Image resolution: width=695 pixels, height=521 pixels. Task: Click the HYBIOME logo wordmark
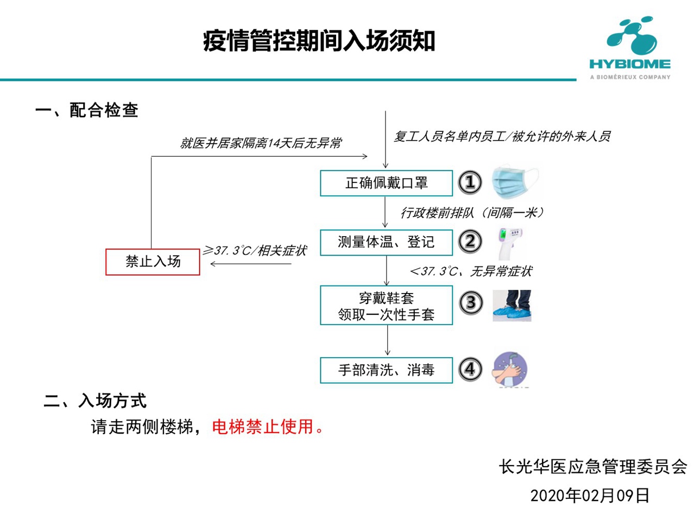point(629,64)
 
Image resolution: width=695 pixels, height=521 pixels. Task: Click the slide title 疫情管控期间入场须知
point(319,41)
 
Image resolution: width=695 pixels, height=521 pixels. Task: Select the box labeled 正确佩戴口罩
point(386,183)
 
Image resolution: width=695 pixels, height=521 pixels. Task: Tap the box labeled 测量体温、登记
point(386,243)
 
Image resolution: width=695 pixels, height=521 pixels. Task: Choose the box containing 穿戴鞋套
point(386,305)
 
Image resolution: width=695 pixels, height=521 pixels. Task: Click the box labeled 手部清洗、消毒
point(386,370)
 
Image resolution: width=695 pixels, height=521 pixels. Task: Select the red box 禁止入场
point(153,262)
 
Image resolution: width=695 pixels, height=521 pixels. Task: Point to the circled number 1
point(470,182)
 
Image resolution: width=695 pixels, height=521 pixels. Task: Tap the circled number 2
point(470,242)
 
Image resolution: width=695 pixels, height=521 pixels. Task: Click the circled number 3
point(471,303)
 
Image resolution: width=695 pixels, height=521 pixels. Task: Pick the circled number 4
point(470,369)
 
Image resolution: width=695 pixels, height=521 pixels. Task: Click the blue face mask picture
point(515,182)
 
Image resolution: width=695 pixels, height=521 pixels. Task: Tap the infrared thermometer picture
point(509,244)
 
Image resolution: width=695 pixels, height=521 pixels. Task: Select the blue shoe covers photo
point(512,306)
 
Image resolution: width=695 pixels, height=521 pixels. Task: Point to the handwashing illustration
point(509,370)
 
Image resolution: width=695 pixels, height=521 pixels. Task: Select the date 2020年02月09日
point(590,495)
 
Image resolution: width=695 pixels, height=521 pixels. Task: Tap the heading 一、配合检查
point(87,110)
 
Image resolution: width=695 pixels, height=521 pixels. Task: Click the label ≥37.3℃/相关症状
point(255,251)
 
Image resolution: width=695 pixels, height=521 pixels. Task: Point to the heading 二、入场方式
point(95,401)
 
